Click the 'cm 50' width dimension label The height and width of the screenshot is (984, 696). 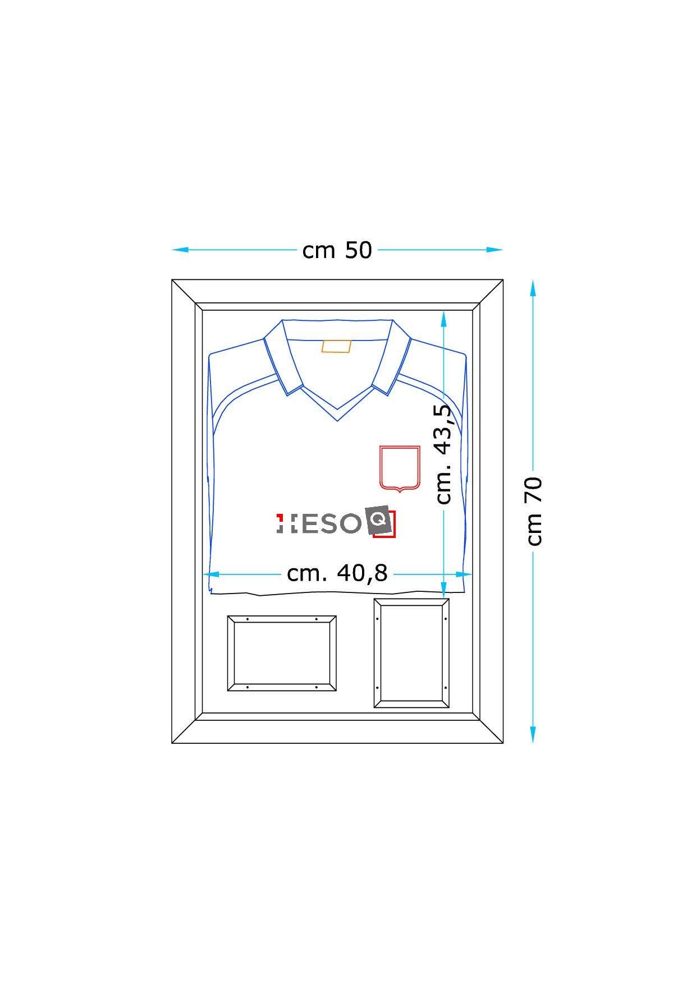(x=337, y=250)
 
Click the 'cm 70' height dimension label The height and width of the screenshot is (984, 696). (x=534, y=511)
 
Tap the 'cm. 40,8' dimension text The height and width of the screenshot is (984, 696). (x=337, y=573)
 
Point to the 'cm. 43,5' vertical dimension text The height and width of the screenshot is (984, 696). (x=443, y=454)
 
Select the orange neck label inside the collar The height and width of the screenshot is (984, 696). (x=336, y=346)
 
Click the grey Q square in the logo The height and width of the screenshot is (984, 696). (x=378, y=521)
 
